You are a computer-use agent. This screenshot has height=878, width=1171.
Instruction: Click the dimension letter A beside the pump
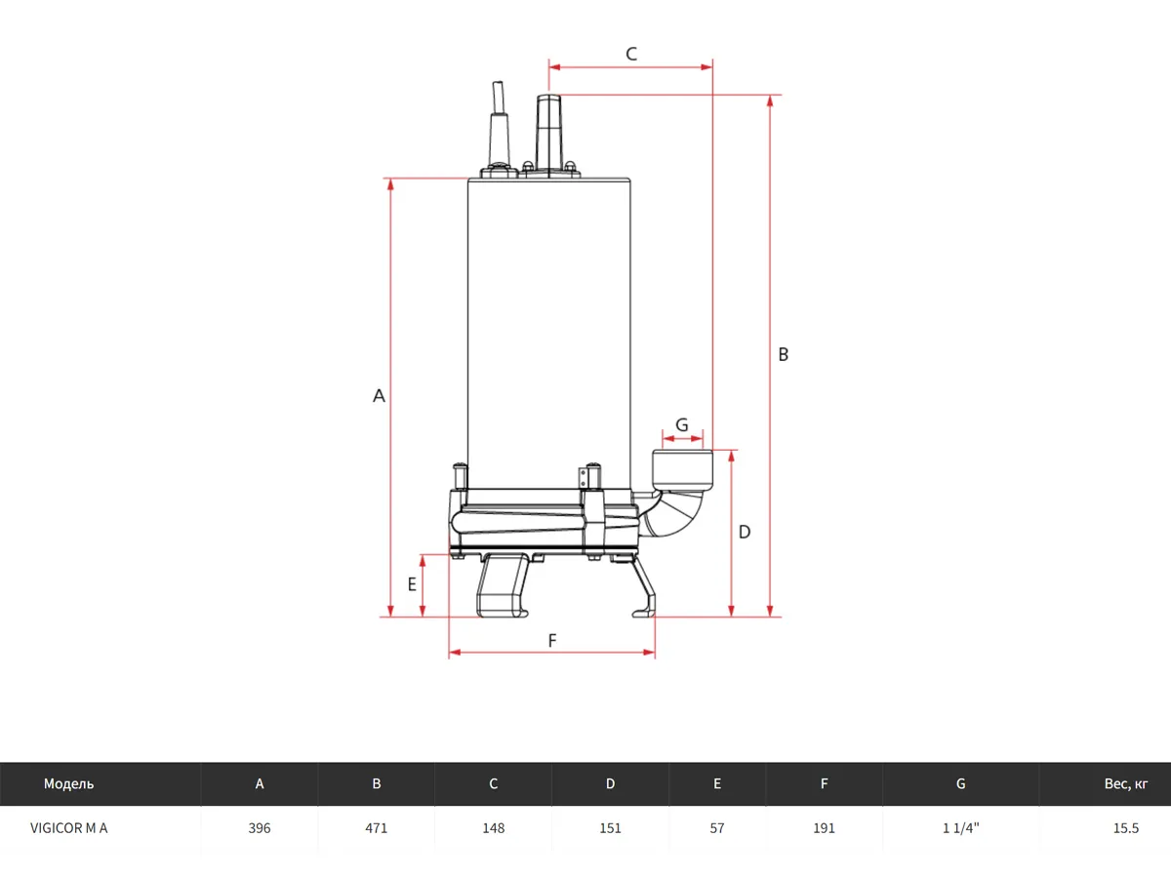coord(380,396)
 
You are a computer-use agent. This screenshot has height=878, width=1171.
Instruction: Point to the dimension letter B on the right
coord(783,355)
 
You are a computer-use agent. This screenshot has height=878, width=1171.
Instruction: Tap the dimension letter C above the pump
coord(631,54)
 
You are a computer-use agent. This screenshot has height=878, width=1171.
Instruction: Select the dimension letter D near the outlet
coord(745,532)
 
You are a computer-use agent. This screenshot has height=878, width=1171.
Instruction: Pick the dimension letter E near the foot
coord(412,584)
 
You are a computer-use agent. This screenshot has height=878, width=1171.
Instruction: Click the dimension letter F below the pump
coord(552,641)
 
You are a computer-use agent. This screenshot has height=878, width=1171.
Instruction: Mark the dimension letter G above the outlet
coord(682,424)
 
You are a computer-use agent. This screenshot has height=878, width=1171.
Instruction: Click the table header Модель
coord(69,783)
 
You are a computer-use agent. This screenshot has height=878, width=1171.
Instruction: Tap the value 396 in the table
coord(260,828)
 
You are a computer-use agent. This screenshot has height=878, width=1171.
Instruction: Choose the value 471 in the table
coord(377,828)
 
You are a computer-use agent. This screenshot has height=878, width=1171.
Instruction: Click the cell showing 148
coord(494,828)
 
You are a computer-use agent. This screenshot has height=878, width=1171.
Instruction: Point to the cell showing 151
coord(610,828)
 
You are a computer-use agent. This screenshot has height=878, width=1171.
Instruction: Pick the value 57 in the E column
coord(717,828)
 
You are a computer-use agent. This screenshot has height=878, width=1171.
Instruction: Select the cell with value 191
coord(825,828)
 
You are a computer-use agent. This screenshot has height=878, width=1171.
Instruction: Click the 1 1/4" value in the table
coord(961,828)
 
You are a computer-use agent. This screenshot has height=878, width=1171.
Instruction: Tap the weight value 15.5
coord(1126,828)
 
